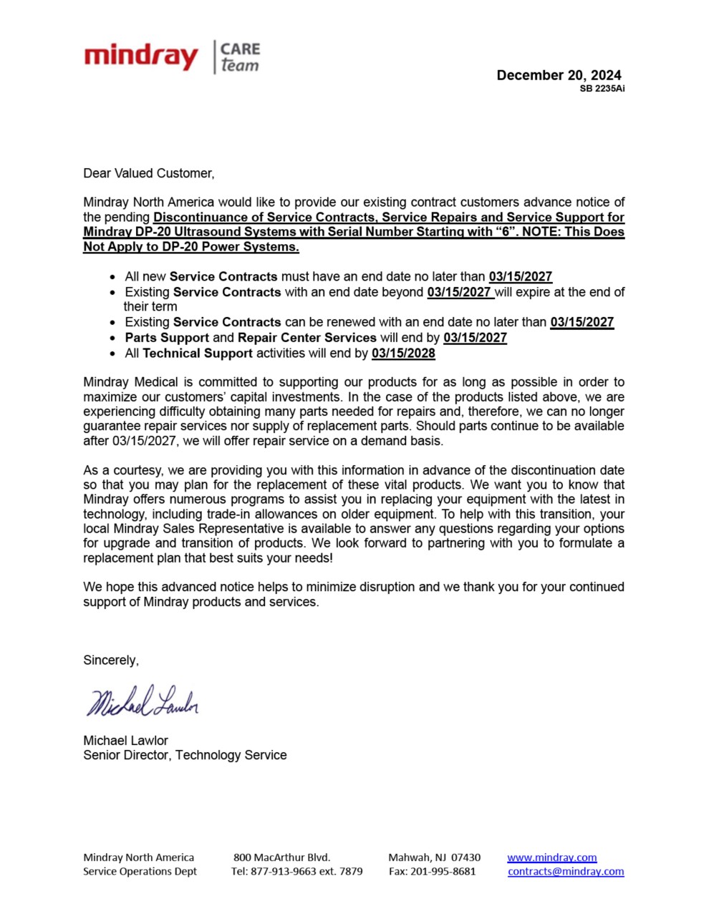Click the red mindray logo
pyautogui.click(x=140, y=56)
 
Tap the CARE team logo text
pyautogui.click(x=239, y=57)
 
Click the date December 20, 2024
pyautogui.click(x=559, y=75)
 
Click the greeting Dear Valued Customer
pyautogui.click(x=148, y=173)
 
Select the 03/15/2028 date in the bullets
pyautogui.click(x=403, y=353)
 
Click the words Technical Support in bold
pyautogui.click(x=198, y=353)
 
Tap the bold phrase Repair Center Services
pyautogui.click(x=307, y=338)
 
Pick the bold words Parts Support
pyautogui.click(x=167, y=338)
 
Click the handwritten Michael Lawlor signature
pyautogui.click(x=143, y=701)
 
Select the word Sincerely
pyautogui.click(x=111, y=661)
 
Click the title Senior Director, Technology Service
pyautogui.click(x=185, y=755)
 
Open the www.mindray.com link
pyautogui.click(x=551, y=857)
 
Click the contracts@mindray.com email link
pyautogui.click(x=566, y=872)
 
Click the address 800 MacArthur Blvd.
pyautogui.click(x=281, y=857)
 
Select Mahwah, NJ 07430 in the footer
pyautogui.click(x=434, y=857)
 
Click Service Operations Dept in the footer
pyautogui.click(x=140, y=872)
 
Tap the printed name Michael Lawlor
pyautogui.click(x=125, y=741)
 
